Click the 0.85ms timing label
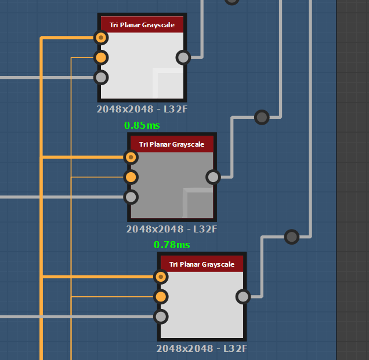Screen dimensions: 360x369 142,125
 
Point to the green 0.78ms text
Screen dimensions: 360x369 172,245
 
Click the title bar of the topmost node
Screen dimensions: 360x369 142,25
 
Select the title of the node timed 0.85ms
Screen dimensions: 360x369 172,144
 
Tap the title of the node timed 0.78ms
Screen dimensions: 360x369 202,264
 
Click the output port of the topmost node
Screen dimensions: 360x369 183,57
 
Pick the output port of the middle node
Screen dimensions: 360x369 213,177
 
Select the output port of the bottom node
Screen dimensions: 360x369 243,297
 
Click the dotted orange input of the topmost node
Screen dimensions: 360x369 101,38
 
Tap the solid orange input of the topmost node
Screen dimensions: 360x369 101,57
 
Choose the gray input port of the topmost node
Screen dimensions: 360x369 101,77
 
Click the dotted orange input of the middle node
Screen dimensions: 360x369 131,157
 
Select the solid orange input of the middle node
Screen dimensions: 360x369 131,177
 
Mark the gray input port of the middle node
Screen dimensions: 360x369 131,197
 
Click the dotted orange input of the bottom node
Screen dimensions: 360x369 161,277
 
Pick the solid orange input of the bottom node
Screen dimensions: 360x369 161,297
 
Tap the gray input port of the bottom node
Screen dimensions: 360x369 161,317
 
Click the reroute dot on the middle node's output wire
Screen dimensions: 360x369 262,117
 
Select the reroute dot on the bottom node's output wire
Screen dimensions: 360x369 292,237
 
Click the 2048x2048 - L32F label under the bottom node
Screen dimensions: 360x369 202,349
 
